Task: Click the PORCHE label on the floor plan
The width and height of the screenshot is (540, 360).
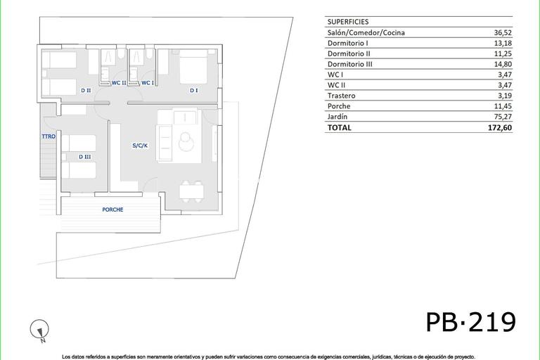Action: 112,210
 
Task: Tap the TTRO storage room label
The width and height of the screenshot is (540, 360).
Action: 49,136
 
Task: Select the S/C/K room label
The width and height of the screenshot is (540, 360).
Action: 140,146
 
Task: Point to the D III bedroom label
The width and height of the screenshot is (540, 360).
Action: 85,156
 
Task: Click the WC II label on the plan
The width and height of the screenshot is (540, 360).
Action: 119,83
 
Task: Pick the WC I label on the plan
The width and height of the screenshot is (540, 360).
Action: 148,83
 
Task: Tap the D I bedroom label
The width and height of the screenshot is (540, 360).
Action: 193,90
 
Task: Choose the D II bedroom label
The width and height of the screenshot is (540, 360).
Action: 85,90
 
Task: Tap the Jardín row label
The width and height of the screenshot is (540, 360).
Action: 337,117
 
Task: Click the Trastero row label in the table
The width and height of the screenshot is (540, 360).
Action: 341,96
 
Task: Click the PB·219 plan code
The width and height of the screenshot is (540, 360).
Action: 471,322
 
